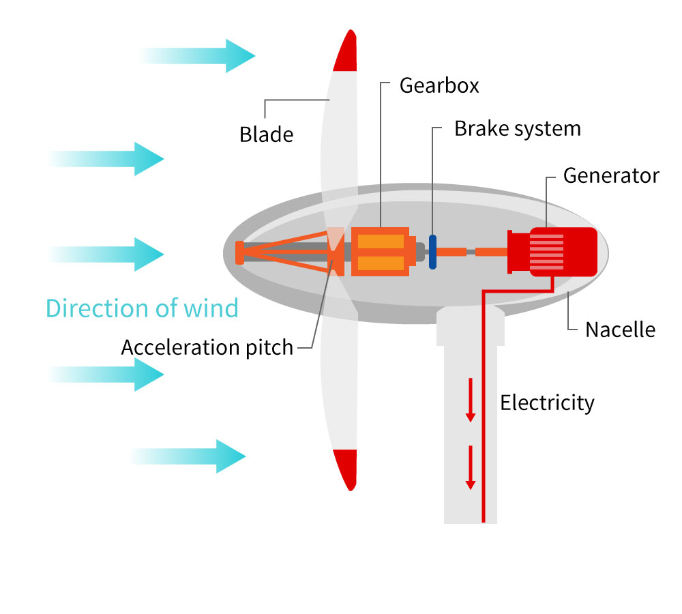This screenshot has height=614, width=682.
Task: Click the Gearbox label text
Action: [439, 86]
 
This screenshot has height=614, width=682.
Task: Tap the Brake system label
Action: [518, 129]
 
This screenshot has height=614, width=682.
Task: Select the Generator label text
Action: [611, 176]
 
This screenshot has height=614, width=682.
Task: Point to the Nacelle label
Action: [620, 330]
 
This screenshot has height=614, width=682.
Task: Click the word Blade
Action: [266, 134]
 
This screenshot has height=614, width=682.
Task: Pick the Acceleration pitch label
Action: [207, 348]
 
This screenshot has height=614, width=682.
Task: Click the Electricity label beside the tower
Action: [547, 403]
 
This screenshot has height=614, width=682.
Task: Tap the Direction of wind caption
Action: [143, 308]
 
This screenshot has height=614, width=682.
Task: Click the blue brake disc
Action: [432, 252]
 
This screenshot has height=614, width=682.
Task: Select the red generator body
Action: [552, 252]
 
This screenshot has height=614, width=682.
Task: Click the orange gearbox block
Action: [380, 252]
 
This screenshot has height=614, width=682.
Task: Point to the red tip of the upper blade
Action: [346, 51]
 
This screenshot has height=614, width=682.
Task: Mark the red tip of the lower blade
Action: [346, 469]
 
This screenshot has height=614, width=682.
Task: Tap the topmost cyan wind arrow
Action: [197, 56]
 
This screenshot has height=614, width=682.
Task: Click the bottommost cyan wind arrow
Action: [188, 456]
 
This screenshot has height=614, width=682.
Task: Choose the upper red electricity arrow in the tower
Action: [470, 400]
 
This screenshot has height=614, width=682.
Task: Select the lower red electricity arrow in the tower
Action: [470, 467]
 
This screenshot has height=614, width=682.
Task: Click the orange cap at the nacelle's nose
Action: [239, 252]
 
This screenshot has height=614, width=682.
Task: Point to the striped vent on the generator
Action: [547, 252]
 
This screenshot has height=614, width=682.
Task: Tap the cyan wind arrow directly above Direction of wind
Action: [106, 254]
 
